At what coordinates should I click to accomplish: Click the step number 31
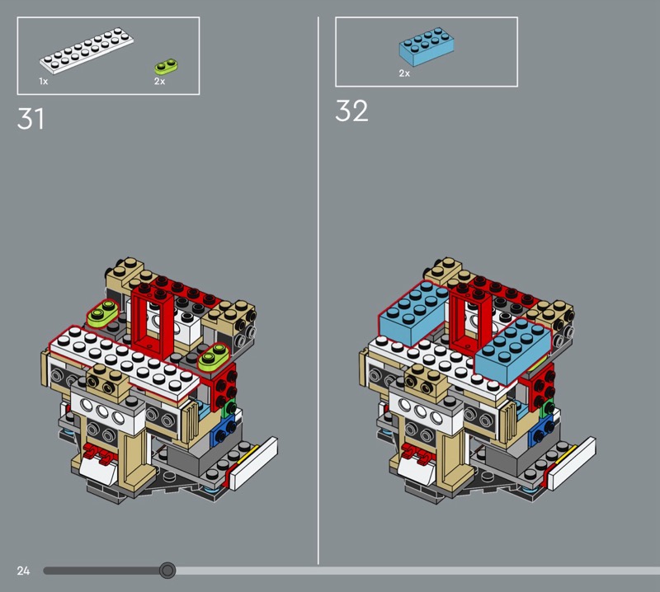[31, 118]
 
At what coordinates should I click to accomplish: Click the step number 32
[351, 111]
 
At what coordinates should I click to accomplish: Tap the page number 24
[23, 571]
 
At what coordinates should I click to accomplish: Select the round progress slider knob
[167, 570]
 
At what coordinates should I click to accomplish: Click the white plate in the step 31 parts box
[87, 50]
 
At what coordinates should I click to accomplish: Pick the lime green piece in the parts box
[167, 66]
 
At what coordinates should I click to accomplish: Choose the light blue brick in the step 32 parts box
[427, 47]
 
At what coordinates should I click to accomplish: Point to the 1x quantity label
[44, 81]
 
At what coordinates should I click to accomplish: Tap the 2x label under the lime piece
[159, 81]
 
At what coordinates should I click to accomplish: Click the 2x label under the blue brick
[404, 73]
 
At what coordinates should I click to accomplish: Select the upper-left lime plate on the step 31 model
[103, 312]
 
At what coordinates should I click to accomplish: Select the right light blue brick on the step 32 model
[512, 351]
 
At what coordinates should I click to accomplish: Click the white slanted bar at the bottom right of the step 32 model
[572, 463]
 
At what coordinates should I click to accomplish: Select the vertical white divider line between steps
[318, 290]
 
